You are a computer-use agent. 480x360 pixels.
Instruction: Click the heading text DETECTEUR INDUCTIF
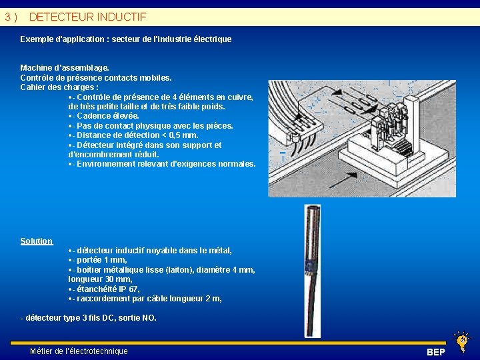coord(87,17)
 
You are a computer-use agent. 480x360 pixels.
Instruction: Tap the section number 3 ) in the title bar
coord(11,17)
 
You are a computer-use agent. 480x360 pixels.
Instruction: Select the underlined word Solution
coord(37,241)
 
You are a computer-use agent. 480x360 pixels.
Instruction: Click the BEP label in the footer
coord(436,352)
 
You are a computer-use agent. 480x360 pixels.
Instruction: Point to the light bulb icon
coord(461,341)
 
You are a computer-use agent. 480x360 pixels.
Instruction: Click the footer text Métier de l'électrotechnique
coord(79,351)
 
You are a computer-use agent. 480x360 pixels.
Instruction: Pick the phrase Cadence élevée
coord(108,116)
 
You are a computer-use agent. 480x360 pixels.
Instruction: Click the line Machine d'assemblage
coord(65,68)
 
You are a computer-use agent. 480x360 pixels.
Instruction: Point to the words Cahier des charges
coord(57,87)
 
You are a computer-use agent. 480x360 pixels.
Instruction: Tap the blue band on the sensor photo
coord(311,264)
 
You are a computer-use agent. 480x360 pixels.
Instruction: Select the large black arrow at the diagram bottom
coord(343,180)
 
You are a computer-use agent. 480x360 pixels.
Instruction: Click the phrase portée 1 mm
coord(101,260)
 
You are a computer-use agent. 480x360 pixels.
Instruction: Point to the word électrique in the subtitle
coord(213,39)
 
